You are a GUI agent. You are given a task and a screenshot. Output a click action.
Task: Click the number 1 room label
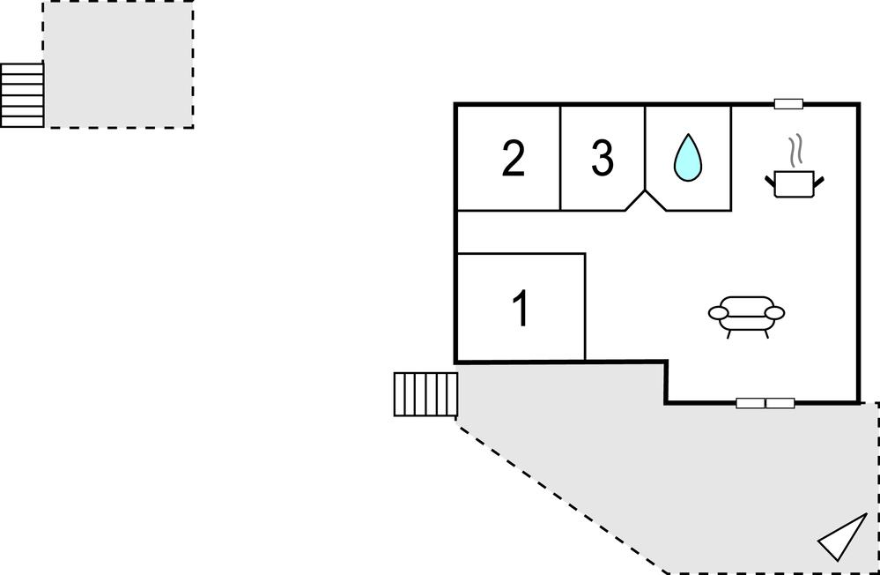[521, 308]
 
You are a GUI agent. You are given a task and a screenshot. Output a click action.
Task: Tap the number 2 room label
[513, 158]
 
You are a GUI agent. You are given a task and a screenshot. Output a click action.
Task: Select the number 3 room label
[603, 158]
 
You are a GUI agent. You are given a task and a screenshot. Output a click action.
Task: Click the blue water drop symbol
[687, 157]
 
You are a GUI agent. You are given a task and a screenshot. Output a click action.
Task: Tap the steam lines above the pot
[795, 151]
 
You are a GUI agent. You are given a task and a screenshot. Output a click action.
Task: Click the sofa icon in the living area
[746, 317]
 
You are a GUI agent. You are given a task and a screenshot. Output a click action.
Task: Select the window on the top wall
[788, 104]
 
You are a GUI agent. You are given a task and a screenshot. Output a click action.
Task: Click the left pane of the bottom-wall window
[751, 403]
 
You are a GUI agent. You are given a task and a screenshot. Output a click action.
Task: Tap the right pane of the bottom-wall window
[780, 403]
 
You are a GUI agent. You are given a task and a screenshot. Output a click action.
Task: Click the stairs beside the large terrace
[425, 394]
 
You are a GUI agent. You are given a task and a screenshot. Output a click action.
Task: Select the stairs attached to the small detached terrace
[22, 95]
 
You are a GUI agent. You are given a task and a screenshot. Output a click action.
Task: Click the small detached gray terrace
[118, 64]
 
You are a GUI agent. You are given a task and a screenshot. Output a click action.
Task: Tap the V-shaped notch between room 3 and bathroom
[646, 200]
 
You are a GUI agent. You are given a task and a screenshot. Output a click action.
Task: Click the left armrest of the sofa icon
[719, 313]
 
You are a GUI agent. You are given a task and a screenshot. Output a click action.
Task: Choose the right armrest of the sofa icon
[775, 312]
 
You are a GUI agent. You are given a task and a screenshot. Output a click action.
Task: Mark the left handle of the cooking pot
[770, 181]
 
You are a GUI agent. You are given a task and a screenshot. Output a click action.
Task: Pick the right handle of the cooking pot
[819, 181]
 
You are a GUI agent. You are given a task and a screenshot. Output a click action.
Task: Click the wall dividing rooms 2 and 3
[560, 158]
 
